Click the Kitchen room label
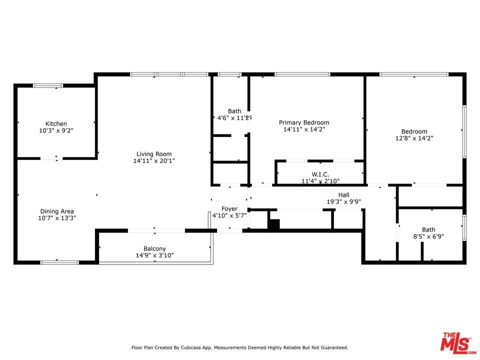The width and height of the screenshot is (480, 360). click(56, 123)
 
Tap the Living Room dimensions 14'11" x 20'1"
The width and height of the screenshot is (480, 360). click(154, 160)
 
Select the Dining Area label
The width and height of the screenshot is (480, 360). click(57, 211)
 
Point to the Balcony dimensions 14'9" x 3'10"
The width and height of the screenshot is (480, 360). click(154, 255)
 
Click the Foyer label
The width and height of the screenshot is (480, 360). click(229, 209)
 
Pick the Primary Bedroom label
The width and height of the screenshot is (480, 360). click(304, 122)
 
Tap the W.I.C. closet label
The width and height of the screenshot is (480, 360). click(320, 174)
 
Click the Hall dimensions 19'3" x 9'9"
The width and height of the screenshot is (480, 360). click(344, 201)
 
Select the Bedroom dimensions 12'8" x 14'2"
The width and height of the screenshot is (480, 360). click(414, 138)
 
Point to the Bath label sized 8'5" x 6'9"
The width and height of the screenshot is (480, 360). click(428, 229)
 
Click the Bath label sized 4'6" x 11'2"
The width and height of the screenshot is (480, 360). click(234, 111)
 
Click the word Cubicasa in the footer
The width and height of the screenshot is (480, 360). click(191, 347)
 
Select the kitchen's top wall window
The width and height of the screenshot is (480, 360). click(48, 85)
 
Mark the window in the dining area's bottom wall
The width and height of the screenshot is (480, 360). click(59, 262)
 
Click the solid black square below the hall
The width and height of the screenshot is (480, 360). click(274, 224)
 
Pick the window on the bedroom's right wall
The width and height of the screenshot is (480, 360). click(464, 131)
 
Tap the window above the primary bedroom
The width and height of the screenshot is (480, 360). click(302, 74)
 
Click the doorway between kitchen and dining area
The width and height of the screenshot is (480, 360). click(51, 158)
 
